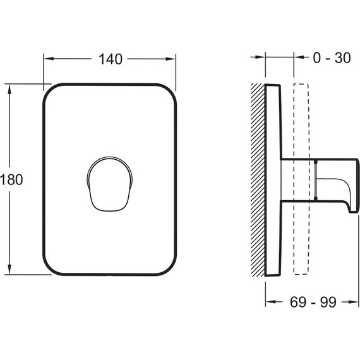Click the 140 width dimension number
pyautogui.click(x=111, y=59)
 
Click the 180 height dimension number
pyautogui.click(x=11, y=179)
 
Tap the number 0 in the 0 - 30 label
pyautogui.click(x=316, y=57)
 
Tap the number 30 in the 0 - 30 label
pyautogui.click(x=342, y=57)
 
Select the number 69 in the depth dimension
pyautogui.click(x=298, y=302)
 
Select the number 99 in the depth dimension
pyautogui.click(x=328, y=302)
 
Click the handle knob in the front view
pyautogui.click(x=110, y=184)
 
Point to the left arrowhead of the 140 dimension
pyautogui.click(x=49, y=59)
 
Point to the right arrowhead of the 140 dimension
pyautogui.click(x=171, y=59)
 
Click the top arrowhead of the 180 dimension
pyautogui.click(x=9, y=89)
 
